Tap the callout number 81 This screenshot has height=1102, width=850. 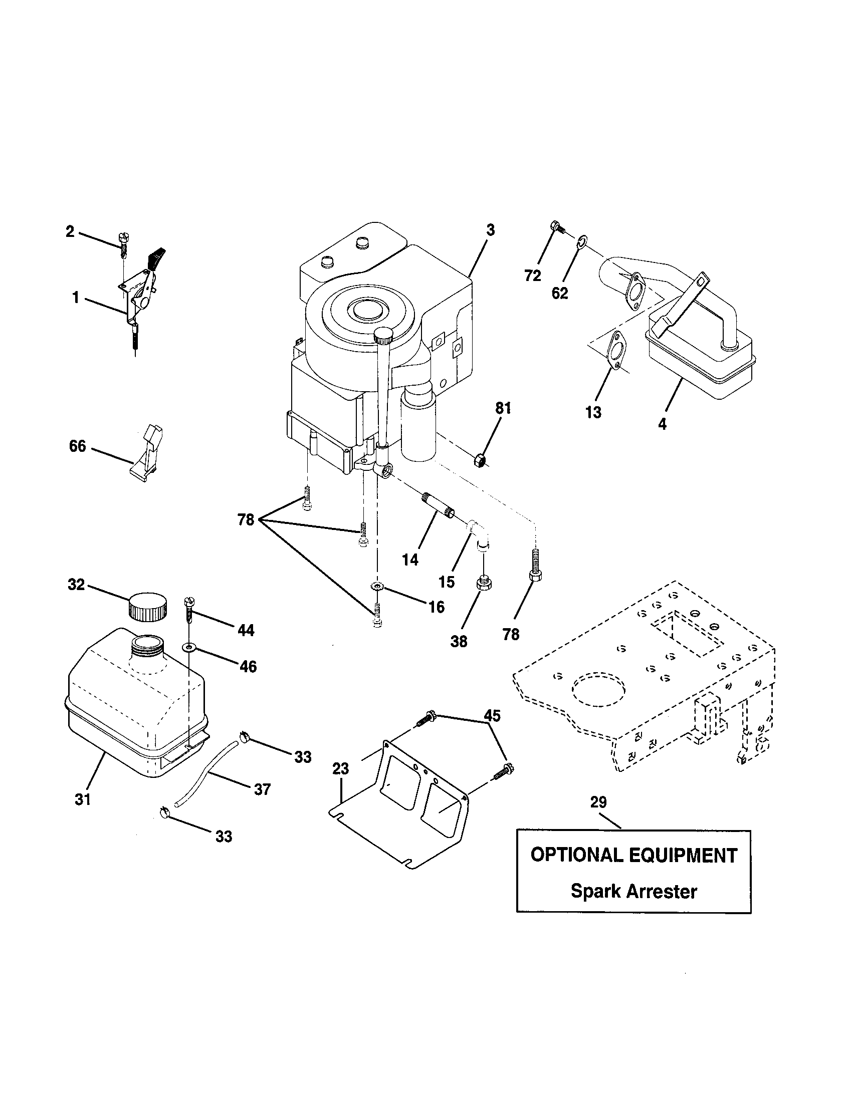tap(503, 408)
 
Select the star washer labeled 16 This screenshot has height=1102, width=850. tap(376, 587)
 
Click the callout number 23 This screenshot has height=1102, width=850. tap(341, 768)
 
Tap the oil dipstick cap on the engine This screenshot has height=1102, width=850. tap(384, 334)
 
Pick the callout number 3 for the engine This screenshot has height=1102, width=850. tap(490, 231)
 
